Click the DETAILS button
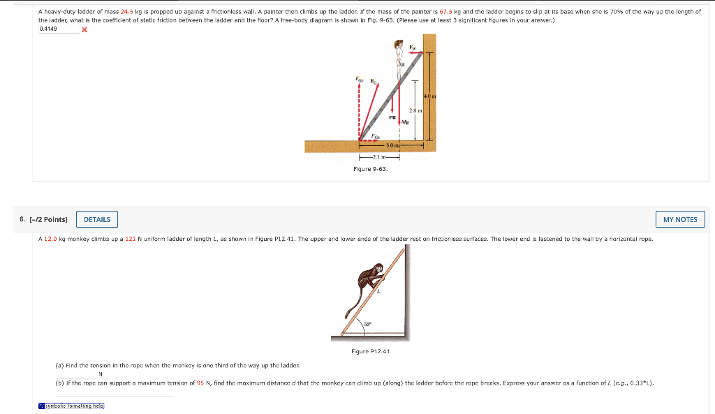[x=97, y=219]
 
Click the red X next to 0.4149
[x=84, y=30]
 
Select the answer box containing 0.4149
[x=58, y=29]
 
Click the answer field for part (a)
[x=77, y=374]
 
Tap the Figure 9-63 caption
[x=370, y=168]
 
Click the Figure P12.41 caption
[x=370, y=351]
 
